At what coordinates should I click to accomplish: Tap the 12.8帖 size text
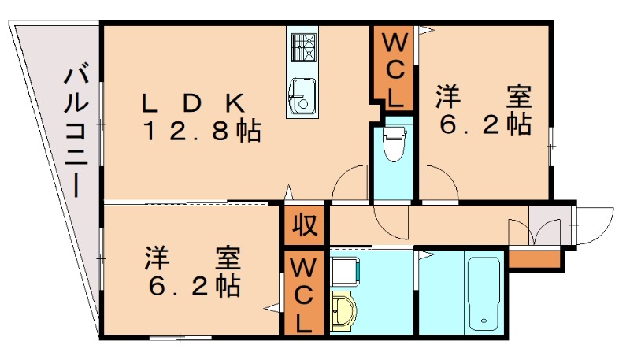pyautogui.click(x=202, y=131)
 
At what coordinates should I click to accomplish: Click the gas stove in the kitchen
pyautogui.click(x=302, y=48)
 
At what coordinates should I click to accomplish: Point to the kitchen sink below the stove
pyautogui.click(x=301, y=96)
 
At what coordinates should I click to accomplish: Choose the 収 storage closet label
pyautogui.click(x=305, y=226)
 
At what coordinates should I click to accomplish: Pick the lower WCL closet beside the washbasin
pyautogui.click(x=302, y=295)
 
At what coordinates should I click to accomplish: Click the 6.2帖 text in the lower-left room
pyautogui.click(x=194, y=284)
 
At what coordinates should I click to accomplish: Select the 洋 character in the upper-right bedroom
pyautogui.click(x=448, y=98)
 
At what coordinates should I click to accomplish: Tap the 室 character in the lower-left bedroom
pyautogui.click(x=228, y=258)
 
